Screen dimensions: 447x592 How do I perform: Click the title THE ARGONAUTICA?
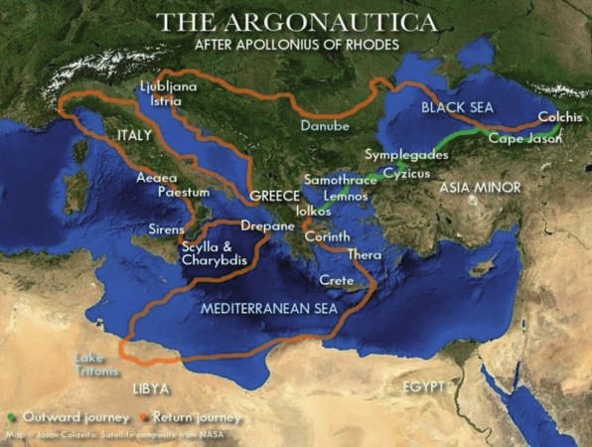pyautogui.click(x=295, y=21)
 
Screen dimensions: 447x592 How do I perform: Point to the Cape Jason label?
pyautogui.click(x=524, y=139)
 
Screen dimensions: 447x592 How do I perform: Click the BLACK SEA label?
pyautogui.click(x=456, y=106)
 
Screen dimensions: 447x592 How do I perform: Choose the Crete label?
pyautogui.click(x=337, y=281)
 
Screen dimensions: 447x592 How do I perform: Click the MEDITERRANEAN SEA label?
pyautogui.click(x=269, y=309)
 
